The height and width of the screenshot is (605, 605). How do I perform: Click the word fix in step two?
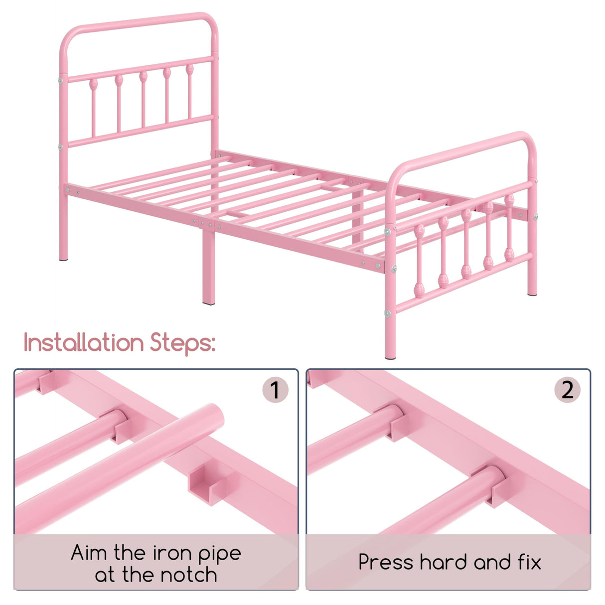coord(527,562)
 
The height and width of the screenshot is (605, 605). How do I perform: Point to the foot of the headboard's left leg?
coord(63,257)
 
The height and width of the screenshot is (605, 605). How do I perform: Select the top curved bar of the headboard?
coord(140,20)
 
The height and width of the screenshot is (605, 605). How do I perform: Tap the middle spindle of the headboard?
coord(143,100)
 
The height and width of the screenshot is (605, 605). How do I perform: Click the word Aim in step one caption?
coord(89,553)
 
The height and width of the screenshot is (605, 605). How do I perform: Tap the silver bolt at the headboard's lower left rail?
coord(60,147)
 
